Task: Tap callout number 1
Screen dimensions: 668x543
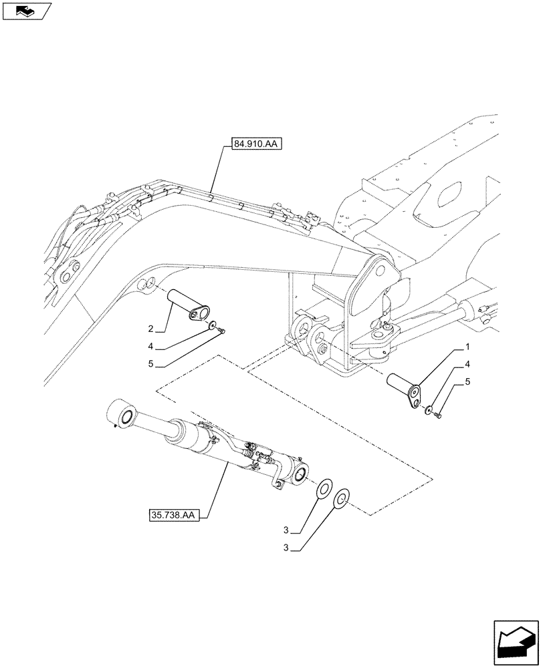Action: point(467,347)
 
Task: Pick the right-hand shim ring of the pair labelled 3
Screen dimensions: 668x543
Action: point(341,498)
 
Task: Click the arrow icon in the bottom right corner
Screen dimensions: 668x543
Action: point(515,642)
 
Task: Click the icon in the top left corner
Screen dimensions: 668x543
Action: point(26,10)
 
